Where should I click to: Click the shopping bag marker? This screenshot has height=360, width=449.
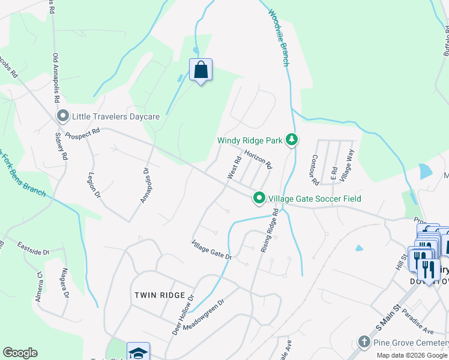200,70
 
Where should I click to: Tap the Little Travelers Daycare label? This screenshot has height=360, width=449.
116,116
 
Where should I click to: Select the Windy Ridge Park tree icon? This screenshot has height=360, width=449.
292,140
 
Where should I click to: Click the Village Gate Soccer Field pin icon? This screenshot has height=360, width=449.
259,197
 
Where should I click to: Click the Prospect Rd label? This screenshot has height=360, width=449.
82,133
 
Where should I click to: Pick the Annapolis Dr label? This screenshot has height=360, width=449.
145,185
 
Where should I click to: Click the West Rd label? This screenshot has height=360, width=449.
234,167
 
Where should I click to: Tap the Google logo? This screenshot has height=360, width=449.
20,353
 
